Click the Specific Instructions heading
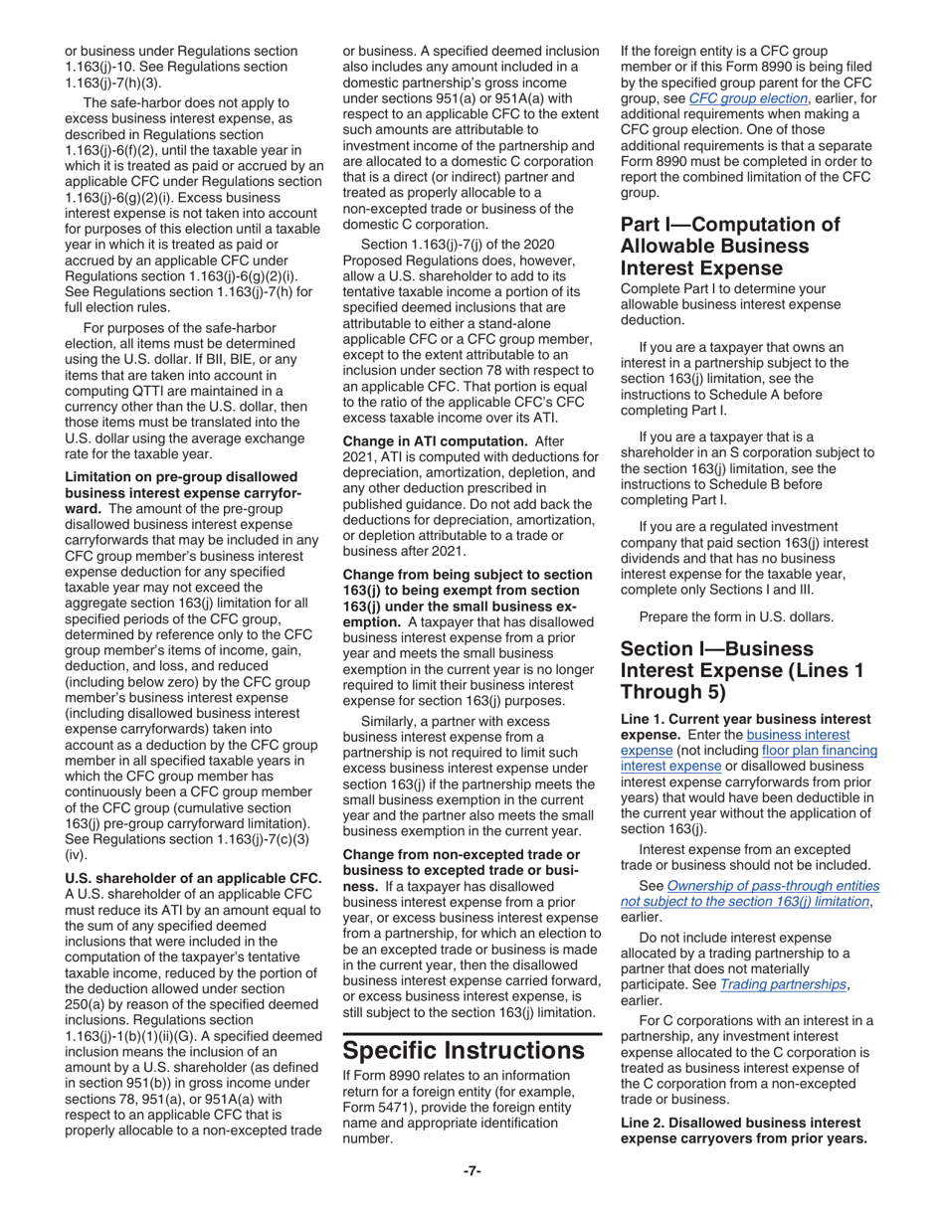pos(464,1049)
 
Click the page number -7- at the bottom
pos(472,1170)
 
